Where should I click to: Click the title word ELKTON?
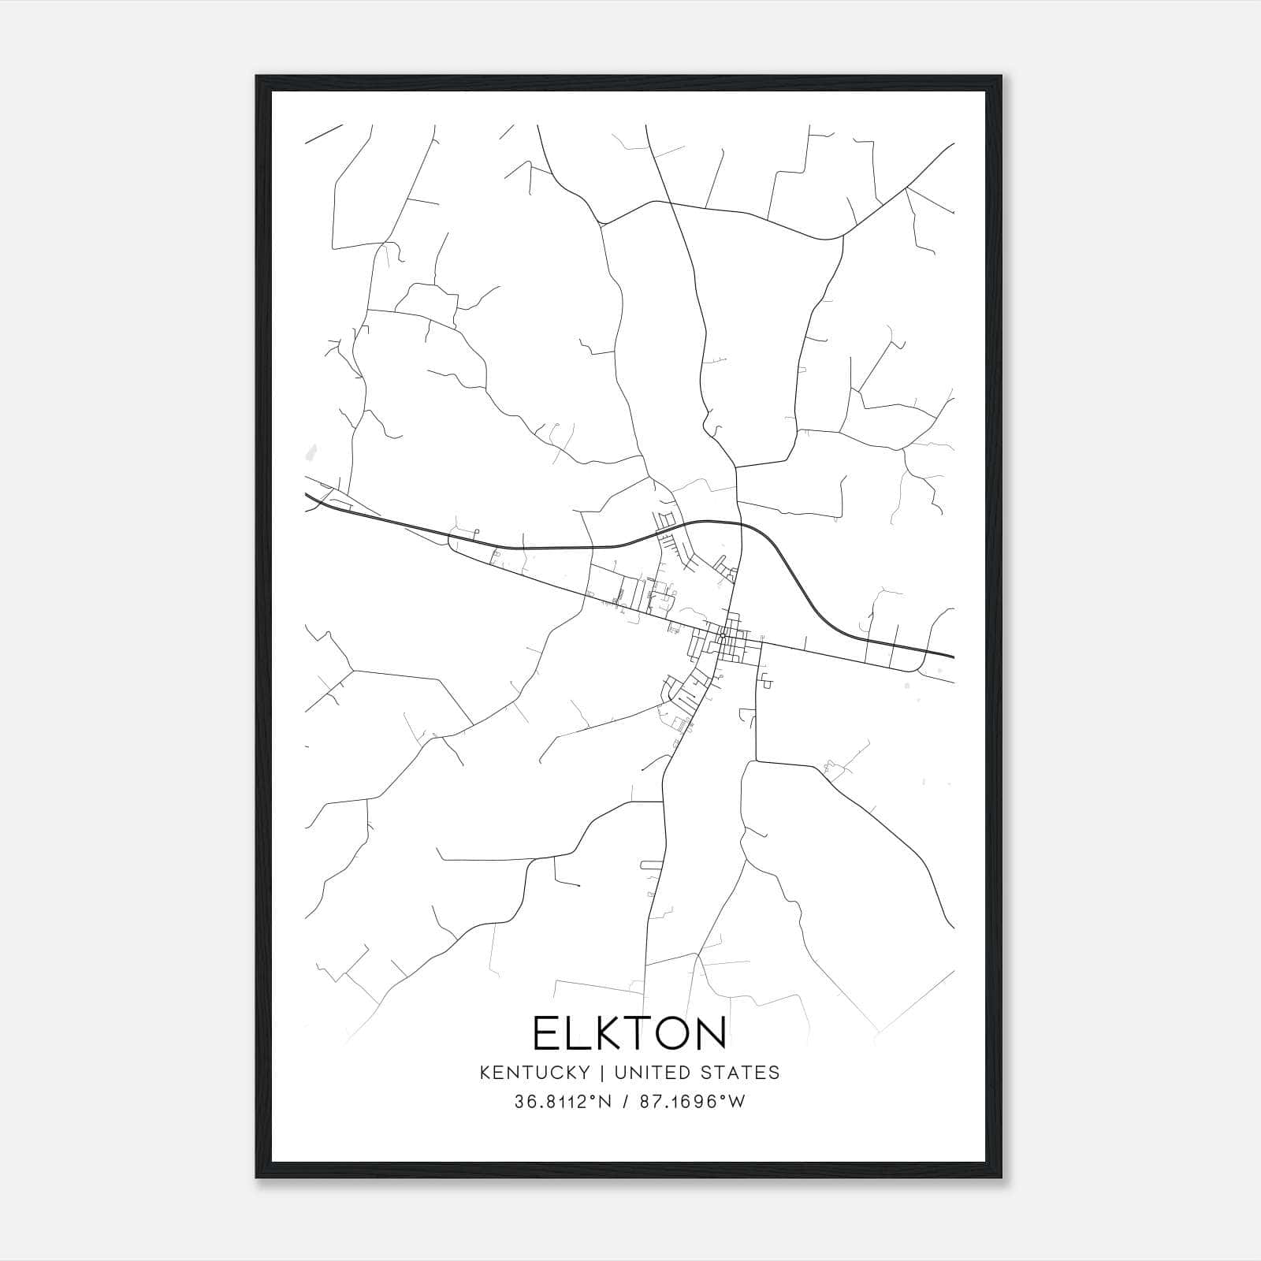coord(629,1033)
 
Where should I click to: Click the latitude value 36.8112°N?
coord(563,1102)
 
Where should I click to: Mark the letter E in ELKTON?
coord(546,1033)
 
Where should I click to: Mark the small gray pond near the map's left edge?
coord(311,454)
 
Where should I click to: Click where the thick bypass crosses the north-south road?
coord(741,525)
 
